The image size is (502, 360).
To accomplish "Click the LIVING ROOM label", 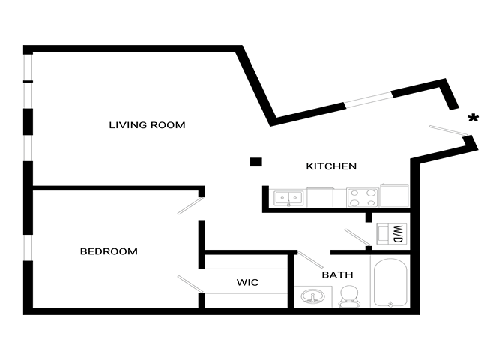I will [x=147, y=125].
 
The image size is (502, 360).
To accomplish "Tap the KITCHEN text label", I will [x=331, y=166].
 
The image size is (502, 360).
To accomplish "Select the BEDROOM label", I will [x=109, y=251].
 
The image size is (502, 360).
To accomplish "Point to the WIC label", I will [x=247, y=283].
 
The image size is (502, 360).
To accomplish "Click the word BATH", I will [x=337, y=275].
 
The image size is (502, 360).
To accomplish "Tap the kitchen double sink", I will [x=288, y=199].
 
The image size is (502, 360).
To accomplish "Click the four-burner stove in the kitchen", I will [x=363, y=198].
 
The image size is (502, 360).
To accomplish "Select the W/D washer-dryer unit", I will [x=391, y=233].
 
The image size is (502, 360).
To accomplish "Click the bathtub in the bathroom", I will [x=389, y=283].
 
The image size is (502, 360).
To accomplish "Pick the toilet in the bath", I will [x=348, y=297].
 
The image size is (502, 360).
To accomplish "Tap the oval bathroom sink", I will [x=312, y=297].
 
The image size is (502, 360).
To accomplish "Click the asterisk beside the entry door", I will [x=473, y=118].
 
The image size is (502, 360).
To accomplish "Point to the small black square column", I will [x=256, y=161].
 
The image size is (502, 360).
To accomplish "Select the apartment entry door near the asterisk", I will [x=450, y=132].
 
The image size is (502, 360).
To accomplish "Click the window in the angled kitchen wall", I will [x=368, y=100].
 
